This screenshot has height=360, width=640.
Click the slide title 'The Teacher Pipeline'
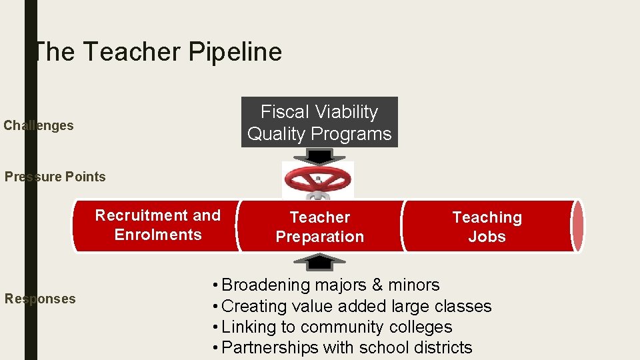(x=157, y=52)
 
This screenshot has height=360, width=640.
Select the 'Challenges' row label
(x=39, y=125)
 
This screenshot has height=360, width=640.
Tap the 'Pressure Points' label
(x=55, y=177)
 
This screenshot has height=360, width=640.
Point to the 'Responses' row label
(x=40, y=299)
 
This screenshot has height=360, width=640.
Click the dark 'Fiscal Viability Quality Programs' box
(x=319, y=123)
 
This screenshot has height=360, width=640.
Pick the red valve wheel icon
(x=318, y=179)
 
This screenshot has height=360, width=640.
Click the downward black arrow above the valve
(x=319, y=156)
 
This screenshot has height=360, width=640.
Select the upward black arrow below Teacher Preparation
(x=319, y=262)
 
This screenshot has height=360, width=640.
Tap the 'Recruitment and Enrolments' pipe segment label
(x=158, y=225)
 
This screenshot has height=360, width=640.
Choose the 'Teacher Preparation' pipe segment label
(x=320, y=227)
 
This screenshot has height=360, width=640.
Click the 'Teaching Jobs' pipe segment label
(x=487, y=227)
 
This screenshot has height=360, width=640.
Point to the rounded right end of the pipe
(x=578, y=226)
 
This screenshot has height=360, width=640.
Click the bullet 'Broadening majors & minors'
(x=325, y=285)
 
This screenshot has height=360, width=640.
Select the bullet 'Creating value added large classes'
(x=351, y=307)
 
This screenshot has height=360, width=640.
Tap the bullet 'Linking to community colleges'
(x=331, y=327)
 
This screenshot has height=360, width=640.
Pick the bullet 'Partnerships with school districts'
(x=341, y=348)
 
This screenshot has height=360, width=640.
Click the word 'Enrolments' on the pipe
(x=158, y=235)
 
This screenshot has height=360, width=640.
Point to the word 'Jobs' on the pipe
(x=487, y=237)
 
